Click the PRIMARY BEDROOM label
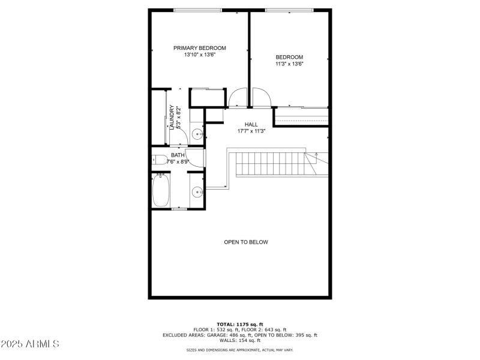200,48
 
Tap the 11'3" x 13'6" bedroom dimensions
289,64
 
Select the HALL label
243,124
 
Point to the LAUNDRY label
172,118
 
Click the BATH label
178,155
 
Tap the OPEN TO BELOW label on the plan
246,242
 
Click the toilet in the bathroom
158,160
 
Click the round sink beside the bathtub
196,193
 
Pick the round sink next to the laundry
197,133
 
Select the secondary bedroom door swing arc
262,97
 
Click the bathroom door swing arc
195,158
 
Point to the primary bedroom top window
197,10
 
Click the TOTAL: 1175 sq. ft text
240,324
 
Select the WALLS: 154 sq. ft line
240,341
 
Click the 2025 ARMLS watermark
30,344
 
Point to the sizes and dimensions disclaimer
240,350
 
